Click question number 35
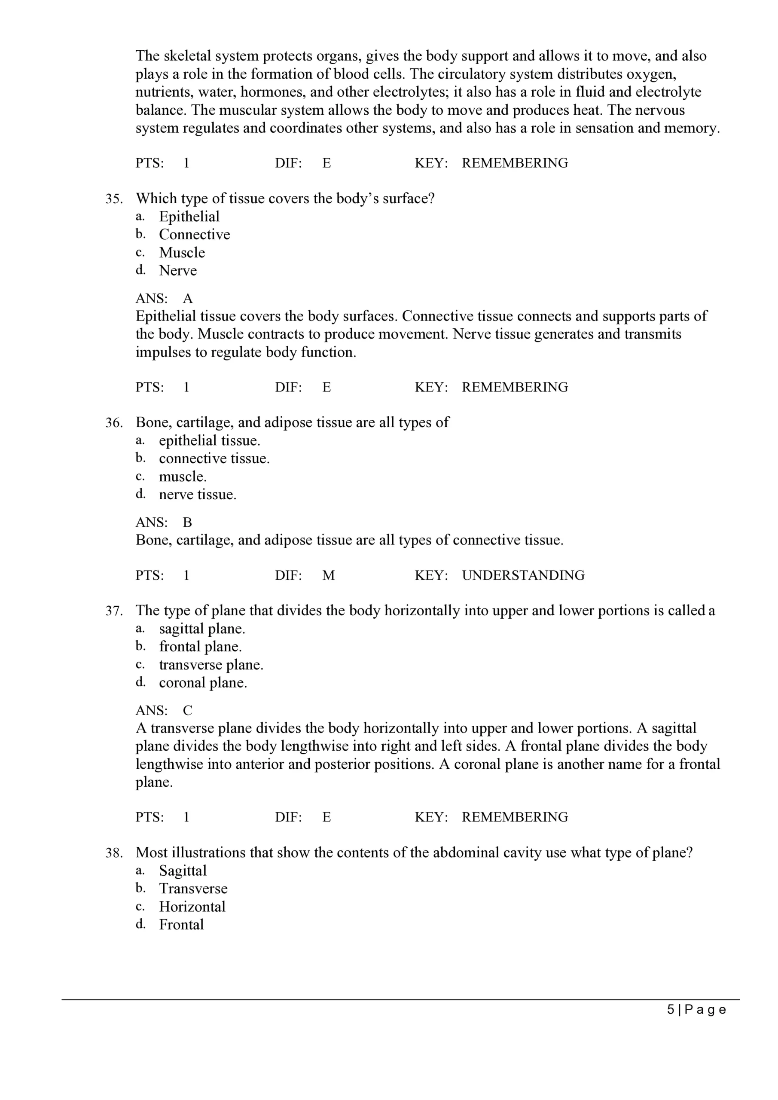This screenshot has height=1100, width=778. (114, 199)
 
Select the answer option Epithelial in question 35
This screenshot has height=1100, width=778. (189, 217)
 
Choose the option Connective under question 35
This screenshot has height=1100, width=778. (194, 234)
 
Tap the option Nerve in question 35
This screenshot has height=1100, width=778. (178, 271)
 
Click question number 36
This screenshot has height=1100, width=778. (114, 422)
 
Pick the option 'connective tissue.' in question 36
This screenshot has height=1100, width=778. (214, 458)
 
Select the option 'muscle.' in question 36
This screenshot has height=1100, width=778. (183, 477)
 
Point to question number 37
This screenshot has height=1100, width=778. (114, 611)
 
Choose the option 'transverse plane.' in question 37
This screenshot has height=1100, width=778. (211, 665)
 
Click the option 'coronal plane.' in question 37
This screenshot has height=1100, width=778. (203, 683)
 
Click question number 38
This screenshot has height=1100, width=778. (114, 853)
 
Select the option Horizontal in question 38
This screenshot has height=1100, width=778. (192, 907)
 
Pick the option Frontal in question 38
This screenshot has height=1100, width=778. (181, 924)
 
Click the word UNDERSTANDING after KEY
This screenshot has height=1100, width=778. (523, 575)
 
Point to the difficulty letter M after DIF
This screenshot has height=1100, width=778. (329, 575)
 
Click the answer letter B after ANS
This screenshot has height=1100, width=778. (187, 522)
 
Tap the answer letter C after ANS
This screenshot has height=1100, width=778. (187, 711)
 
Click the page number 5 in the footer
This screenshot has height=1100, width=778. (671, 1010)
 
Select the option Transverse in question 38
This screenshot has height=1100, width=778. (193, 889)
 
